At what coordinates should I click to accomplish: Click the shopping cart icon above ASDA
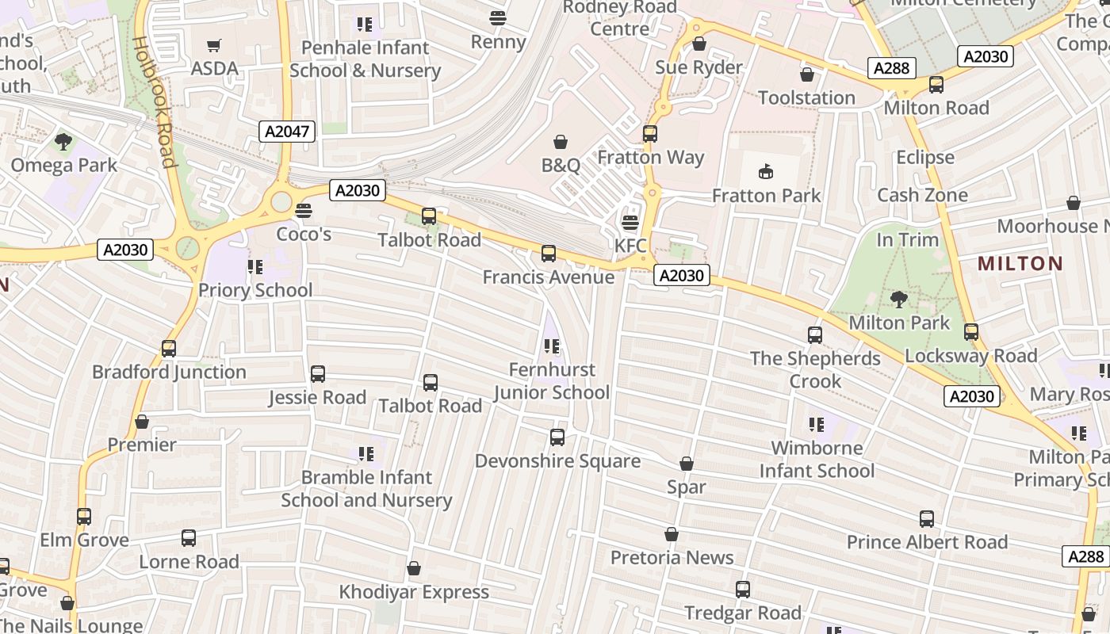[213, 45]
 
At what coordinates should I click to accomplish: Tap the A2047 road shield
[287, 132]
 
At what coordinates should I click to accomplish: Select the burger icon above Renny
[498, 17]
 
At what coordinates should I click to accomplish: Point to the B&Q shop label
[561, 165]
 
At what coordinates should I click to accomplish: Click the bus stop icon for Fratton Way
[650, 134]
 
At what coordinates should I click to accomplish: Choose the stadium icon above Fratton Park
[766, 171]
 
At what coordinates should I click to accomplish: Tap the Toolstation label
[806, 97]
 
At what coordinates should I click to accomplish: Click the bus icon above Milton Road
[936, 85]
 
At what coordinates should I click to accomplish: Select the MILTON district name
[1020, 263]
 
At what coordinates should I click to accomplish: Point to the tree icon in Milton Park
[898, 299]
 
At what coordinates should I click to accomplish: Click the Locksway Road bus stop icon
[971, 332]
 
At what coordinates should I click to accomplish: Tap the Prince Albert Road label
[927, 542]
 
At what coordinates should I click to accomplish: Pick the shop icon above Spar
[687, 464]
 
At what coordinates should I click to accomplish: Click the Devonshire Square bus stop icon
[557, 437]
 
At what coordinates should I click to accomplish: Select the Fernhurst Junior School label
[552, 381]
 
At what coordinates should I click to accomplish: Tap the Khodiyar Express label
[414, 592]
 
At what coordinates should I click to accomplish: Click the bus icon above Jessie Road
[318, 374]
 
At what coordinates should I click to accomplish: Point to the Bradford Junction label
[169, 372]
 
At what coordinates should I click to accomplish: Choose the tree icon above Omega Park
[63, 142]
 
